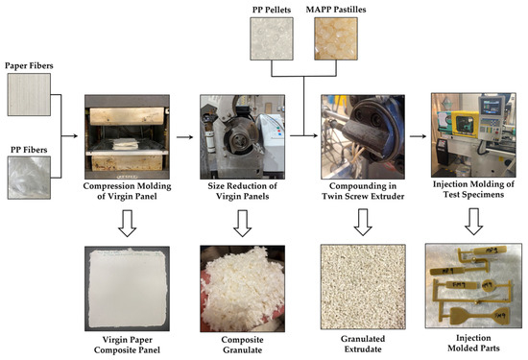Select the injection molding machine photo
pos(471,135)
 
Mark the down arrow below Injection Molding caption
pos(471,222)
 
